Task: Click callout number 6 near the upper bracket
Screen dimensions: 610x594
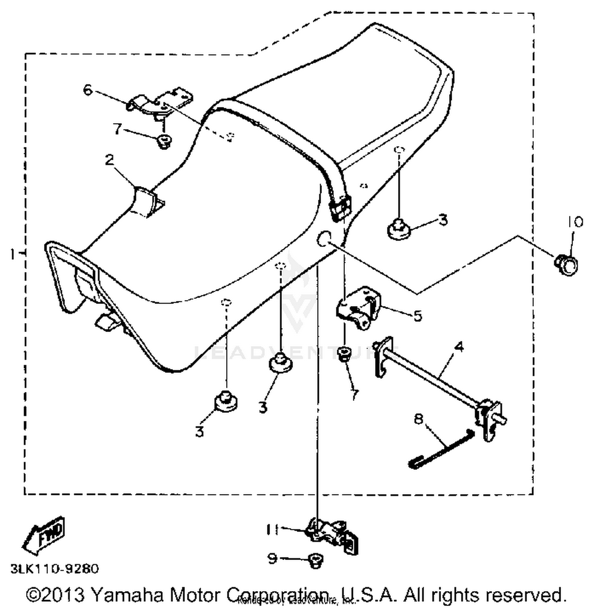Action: point(88,90)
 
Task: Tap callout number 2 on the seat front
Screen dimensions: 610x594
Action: point(110,160)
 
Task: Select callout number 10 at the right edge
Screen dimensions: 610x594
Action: point(575,222)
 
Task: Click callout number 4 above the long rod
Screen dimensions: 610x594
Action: point(459,347)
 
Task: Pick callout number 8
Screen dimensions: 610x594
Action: point(419,418)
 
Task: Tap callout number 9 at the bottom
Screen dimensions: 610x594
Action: point(272,559)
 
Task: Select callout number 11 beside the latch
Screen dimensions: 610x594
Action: point(273,529)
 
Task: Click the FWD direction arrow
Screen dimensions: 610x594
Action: point(44,534)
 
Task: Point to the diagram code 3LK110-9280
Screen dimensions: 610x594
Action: point(55,569)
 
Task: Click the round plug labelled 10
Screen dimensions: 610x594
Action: point(567,264)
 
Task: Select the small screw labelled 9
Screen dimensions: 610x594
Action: point(315,561)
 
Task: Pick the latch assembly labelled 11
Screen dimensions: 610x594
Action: point(333,535)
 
